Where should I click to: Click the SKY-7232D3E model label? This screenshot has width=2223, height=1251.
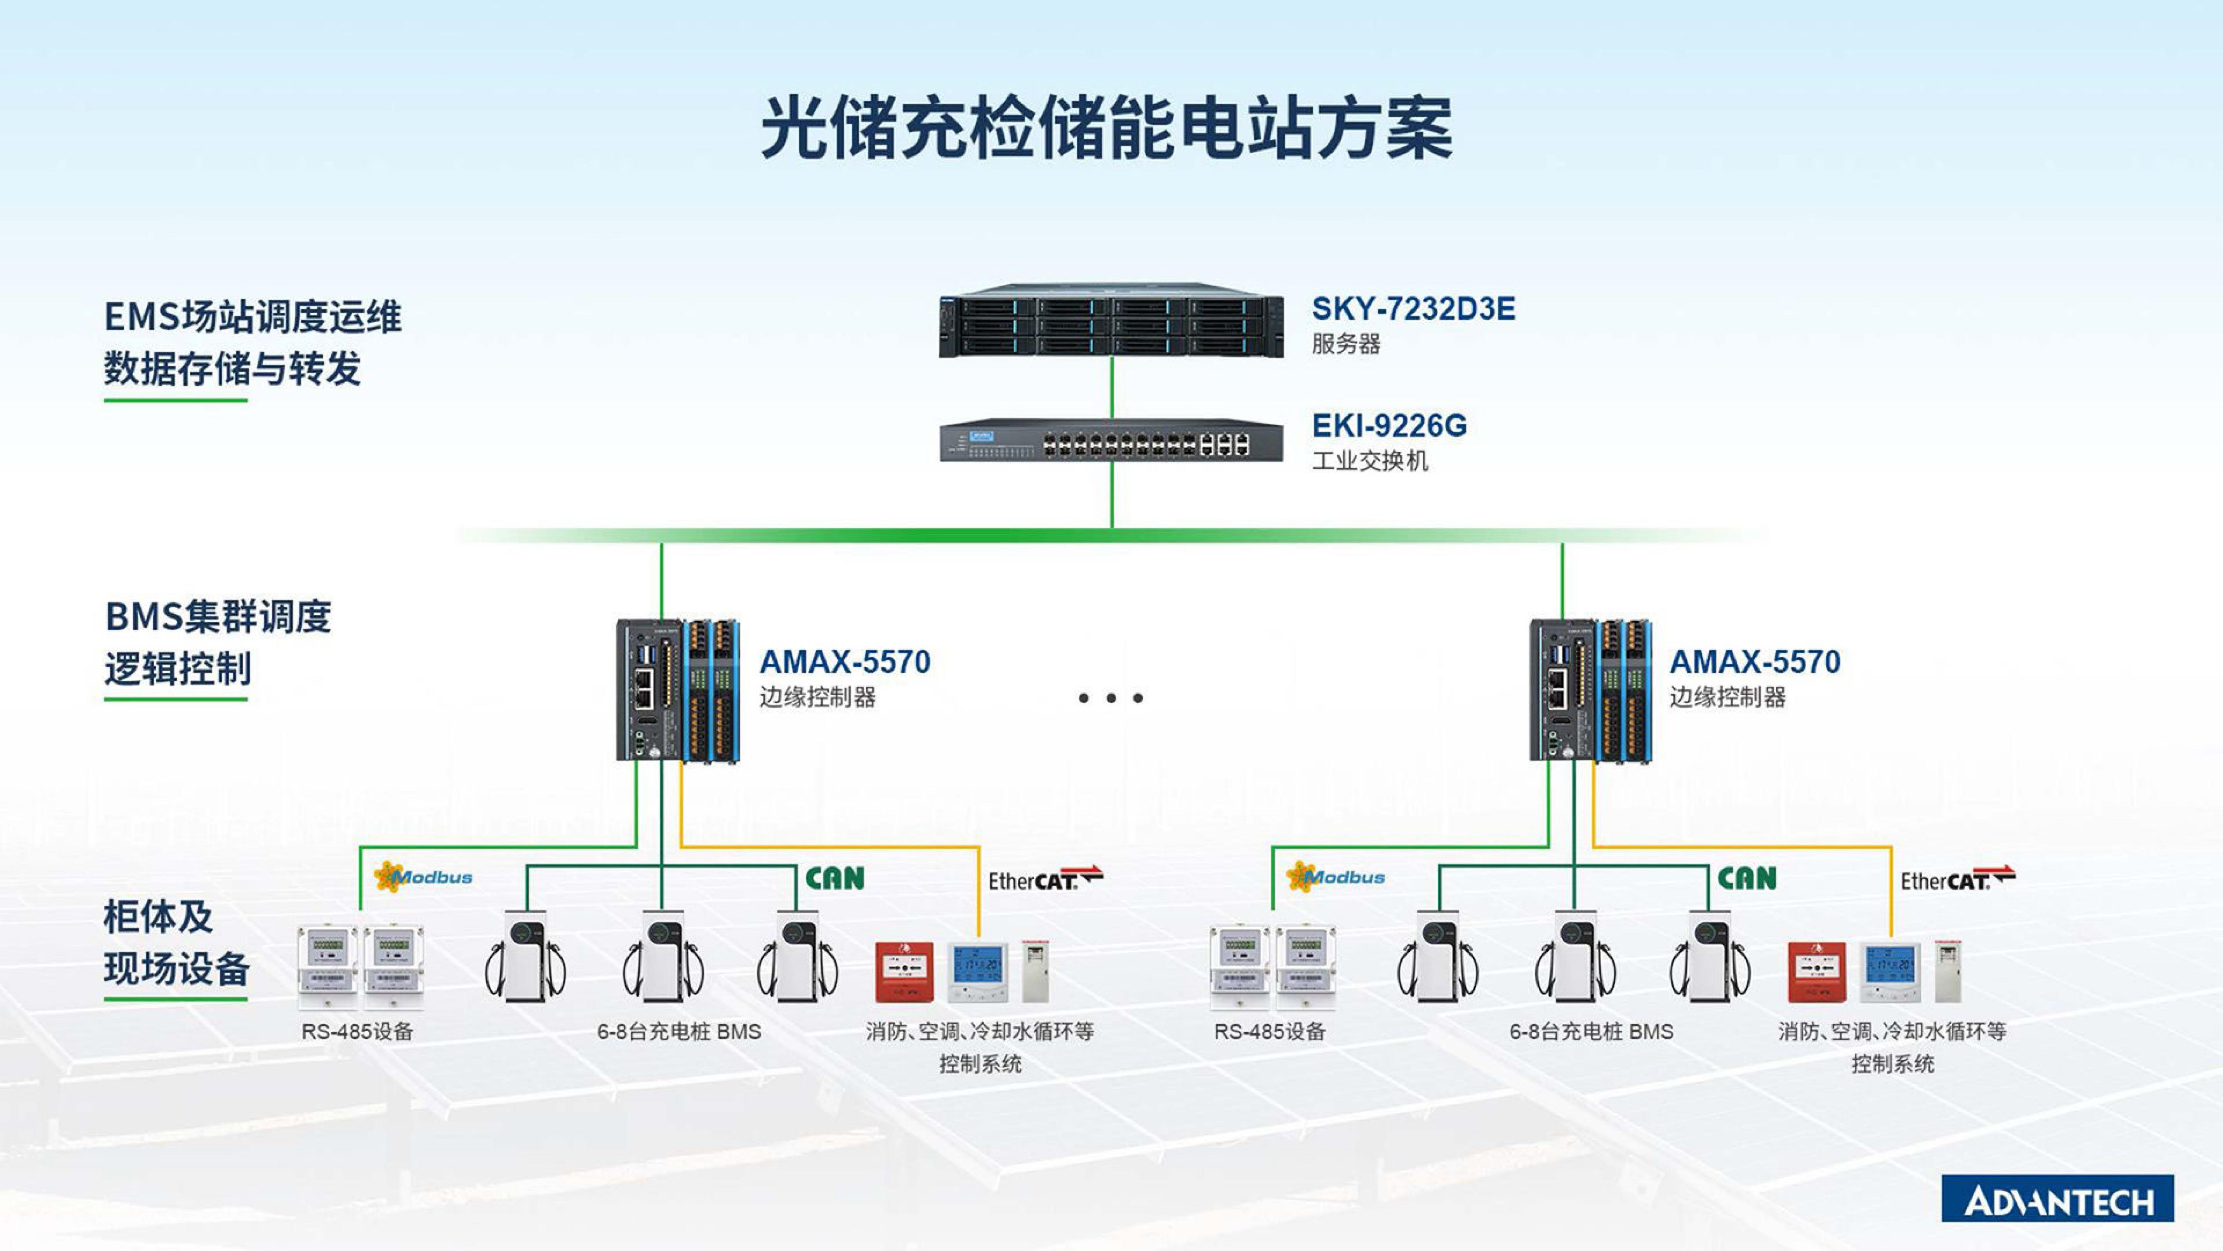tap(1413, 309)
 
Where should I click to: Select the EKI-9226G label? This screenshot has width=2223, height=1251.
tap(1389, 426)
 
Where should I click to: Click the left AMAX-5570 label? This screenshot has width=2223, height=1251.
tap(845, 662)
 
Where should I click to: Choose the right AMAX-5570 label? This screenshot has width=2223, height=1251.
tap(1755, 662)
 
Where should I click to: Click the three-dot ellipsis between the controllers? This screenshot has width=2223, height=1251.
tap(1111, 698)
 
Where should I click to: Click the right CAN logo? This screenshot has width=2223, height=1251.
tap(1747, 878)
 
